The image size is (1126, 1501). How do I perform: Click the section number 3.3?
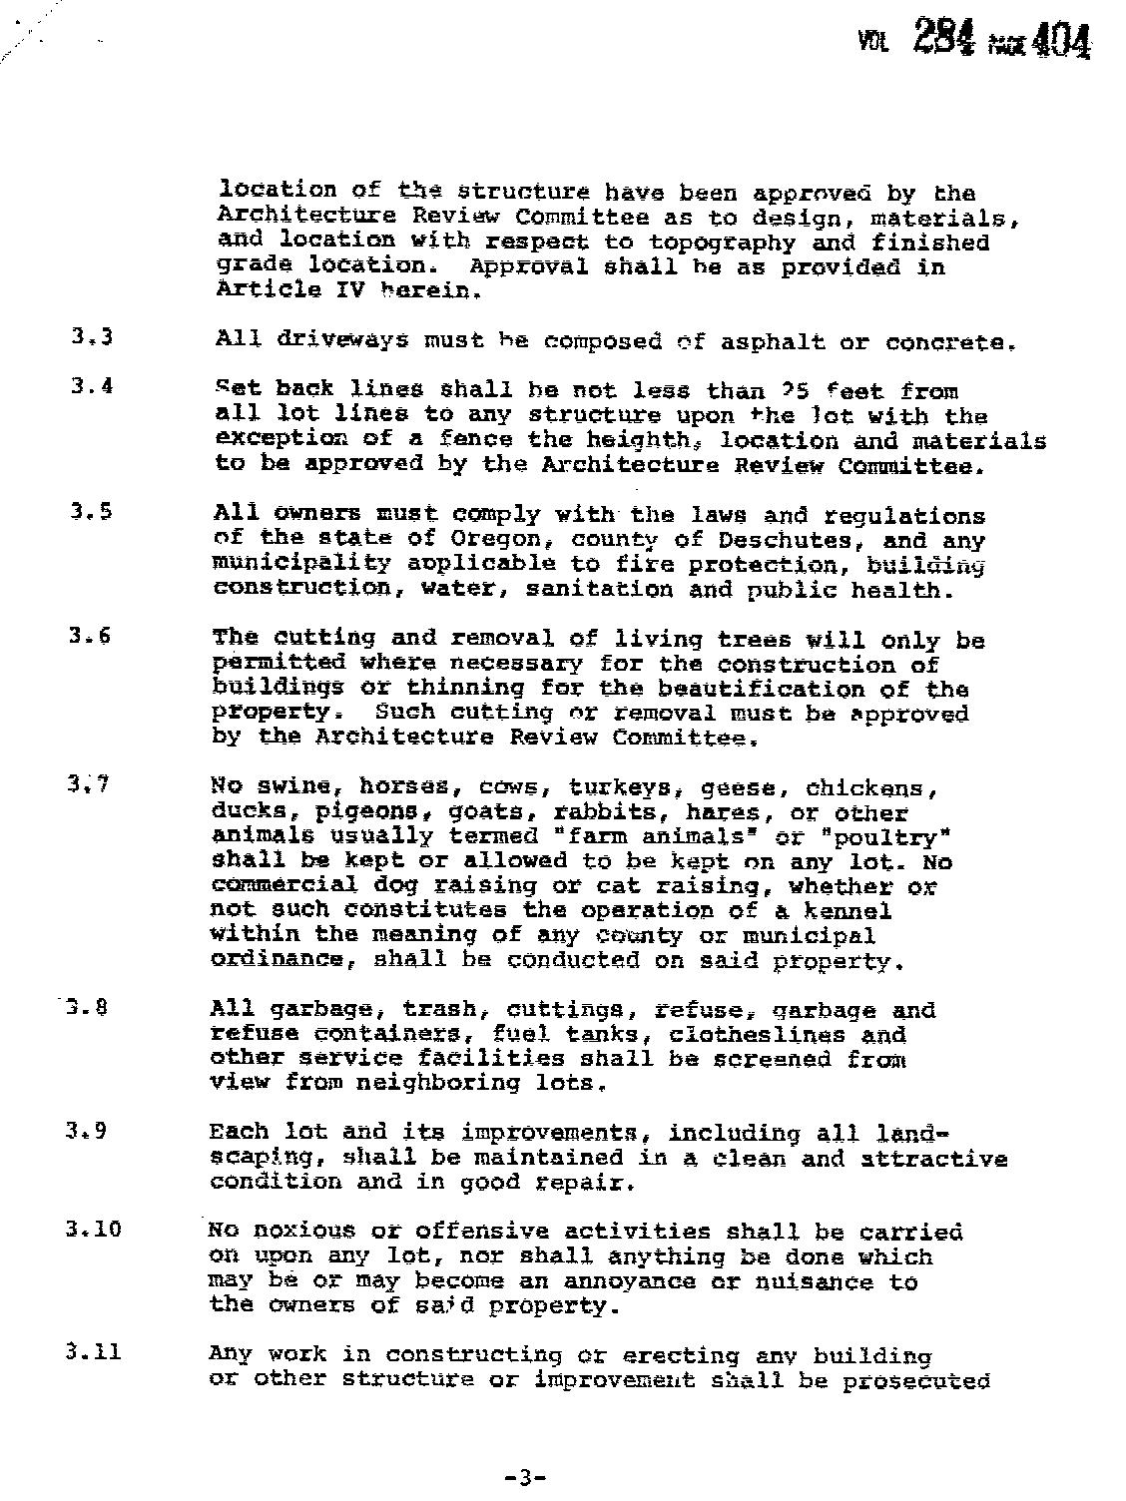tap(92, 336)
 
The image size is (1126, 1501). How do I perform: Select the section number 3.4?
tap(92, 385)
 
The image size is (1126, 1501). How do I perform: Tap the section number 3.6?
tap(91, 635)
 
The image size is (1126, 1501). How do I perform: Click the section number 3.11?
tap(94, 1352)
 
